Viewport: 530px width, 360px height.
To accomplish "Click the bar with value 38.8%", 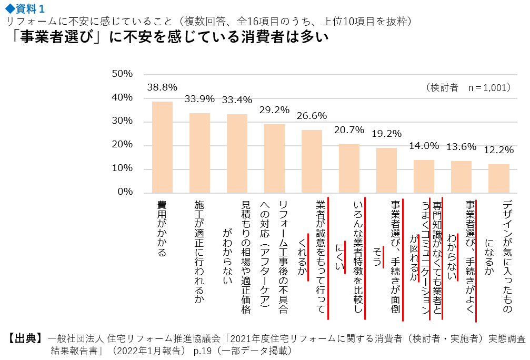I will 162,147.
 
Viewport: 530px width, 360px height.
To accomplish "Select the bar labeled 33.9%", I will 199,153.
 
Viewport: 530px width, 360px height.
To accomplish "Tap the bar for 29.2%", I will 274,158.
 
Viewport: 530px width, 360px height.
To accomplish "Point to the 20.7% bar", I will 349,168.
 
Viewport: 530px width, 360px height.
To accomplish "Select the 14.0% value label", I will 424,146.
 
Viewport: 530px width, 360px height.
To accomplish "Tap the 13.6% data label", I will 461,147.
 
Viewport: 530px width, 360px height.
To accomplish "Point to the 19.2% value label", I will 386,134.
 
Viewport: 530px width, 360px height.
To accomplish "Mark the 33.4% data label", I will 237,100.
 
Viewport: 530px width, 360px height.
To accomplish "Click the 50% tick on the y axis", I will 122,74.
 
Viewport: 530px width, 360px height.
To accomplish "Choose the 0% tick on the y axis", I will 125,192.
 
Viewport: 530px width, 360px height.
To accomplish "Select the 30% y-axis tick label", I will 122,122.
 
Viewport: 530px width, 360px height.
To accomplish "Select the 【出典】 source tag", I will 24,338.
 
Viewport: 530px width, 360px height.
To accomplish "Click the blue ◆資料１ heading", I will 24,8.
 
